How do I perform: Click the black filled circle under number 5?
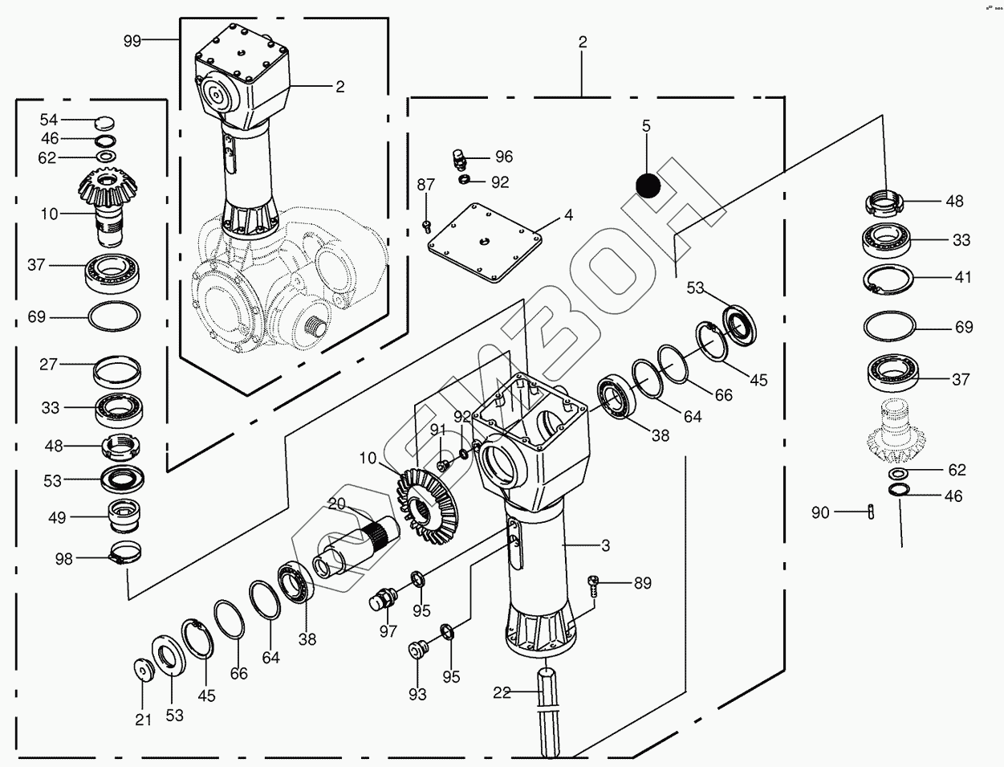click(648, 185)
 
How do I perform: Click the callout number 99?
click(132, 40)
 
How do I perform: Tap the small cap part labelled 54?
click(104, 123)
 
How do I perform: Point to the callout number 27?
click(49, 364)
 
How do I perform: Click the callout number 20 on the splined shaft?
click(335, 504)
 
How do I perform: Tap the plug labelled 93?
click(417, 649)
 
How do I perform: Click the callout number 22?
click(502, 693)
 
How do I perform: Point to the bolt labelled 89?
click(594, 585)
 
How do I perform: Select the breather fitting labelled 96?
click(461, 158)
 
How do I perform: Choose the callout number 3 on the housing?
click(605, 545)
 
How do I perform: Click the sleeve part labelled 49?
click(124, 516)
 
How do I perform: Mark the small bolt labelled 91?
click(442, 464)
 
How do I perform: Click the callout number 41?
click(963, 277)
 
